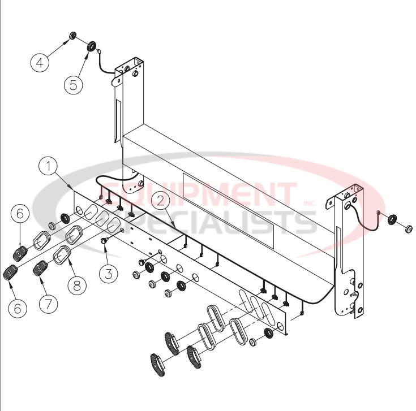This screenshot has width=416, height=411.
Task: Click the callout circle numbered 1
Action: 49,167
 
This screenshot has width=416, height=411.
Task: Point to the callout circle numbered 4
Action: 40,63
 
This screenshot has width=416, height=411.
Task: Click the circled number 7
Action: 49,303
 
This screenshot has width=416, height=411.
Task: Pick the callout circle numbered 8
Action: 77,284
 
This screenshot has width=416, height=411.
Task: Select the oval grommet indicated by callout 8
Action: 62,257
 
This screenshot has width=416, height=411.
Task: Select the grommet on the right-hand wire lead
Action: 392,219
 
